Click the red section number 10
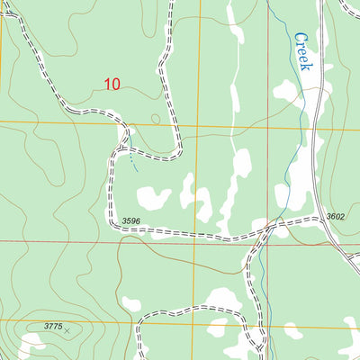pyautogui.click(x=112, y=85)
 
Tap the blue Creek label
pyautogui.click(x=303, y=52)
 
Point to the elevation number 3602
pyautogui.click(x=336, y=216)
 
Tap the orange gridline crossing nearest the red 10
pyautogui.click(x=199, y=124)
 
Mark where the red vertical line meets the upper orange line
pyautogui.click(x=268, y=126)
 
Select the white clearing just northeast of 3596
pyautogui.click(x=153, y=196)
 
